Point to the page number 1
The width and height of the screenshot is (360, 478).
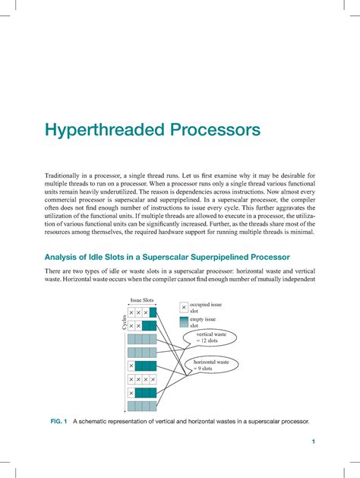(312, 442)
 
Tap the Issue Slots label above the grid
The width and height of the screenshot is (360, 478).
(142, 301)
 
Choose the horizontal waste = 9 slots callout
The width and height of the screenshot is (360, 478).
(211, 366)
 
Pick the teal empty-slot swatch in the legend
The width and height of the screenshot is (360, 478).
(183, 322)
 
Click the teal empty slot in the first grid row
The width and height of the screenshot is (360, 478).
(153, 312)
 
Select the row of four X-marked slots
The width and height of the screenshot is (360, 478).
(142, 379)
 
